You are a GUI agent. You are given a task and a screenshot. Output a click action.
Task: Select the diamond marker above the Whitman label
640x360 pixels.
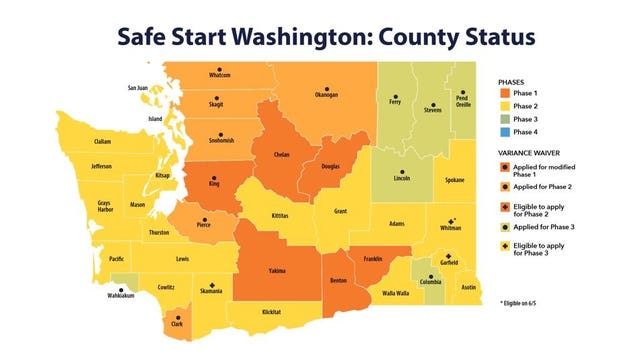453,220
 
